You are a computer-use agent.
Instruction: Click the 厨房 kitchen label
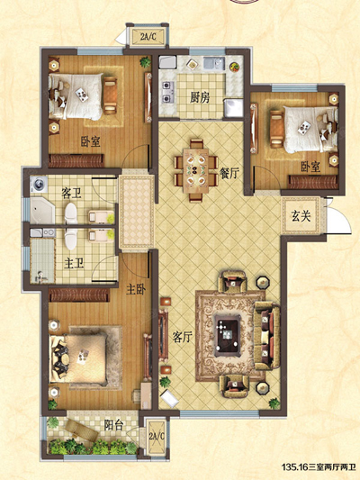point(200,97)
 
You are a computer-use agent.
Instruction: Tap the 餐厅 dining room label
point(229,174)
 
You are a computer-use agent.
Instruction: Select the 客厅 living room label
point(182,337)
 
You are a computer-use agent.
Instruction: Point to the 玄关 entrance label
point(301,216)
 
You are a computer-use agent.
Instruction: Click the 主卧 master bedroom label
point(136,289)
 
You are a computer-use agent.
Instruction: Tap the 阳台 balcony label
point(113,425)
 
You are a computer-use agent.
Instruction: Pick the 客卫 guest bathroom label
point(71,194)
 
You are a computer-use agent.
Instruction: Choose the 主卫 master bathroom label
point(74,263)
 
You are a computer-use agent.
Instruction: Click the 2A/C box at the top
point(148,37)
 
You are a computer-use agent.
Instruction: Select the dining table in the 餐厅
point(196,170)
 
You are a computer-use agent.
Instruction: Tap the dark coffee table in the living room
point(227,335)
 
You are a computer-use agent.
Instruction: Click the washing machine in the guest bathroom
point(39,185)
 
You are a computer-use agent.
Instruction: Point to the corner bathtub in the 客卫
point(42,211)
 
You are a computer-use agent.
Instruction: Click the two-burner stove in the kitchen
point(167,92)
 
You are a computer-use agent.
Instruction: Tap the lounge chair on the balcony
point(82,430)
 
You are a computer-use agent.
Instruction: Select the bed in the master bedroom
point(78,358)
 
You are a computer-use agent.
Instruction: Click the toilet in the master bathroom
point(70,239)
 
